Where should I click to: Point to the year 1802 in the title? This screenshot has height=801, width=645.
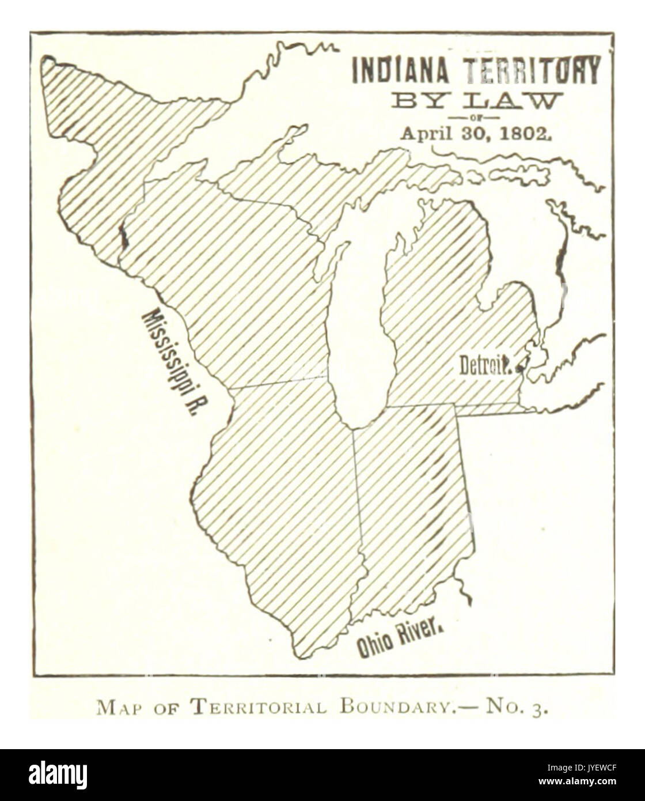click(x=530, y=133)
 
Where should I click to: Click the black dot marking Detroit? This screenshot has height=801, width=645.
click(x=522, y=365)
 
